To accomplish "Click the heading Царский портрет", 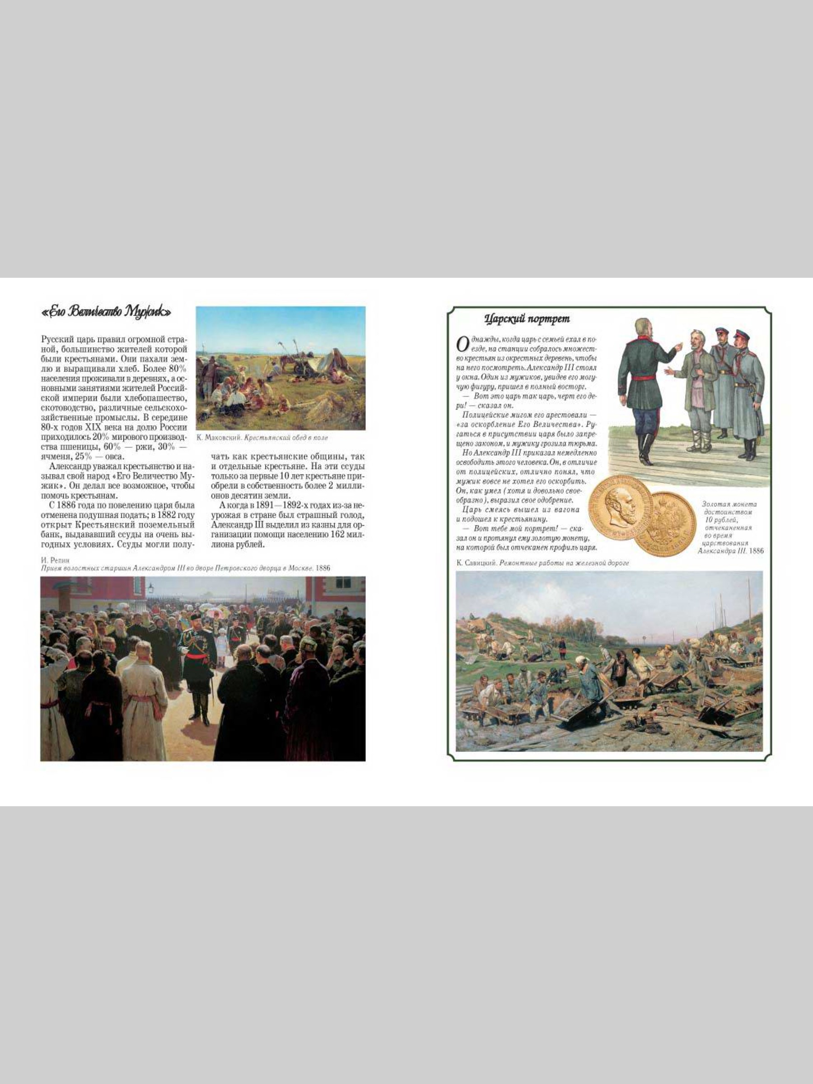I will [527, 319].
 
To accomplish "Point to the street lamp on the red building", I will [151, 589].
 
